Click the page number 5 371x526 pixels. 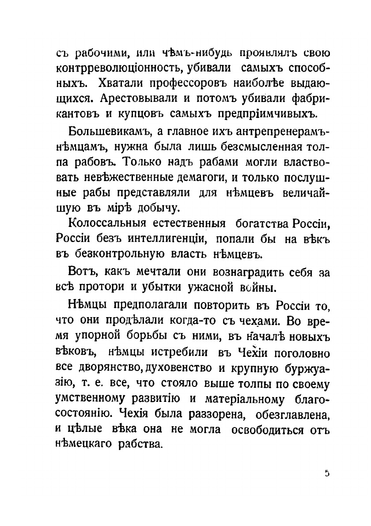coord(326,474)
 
